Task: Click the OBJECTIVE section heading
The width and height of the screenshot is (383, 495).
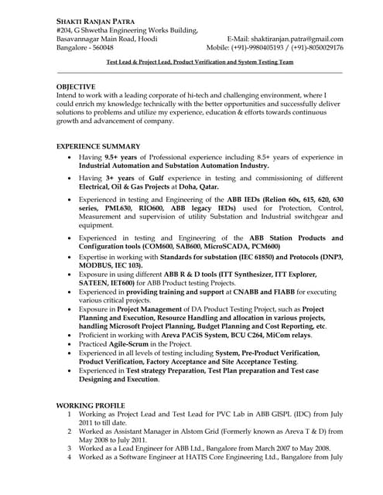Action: pos(77,87)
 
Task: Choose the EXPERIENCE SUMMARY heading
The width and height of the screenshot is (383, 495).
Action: pos(99,146)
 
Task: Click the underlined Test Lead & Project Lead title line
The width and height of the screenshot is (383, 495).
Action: pos(200,60)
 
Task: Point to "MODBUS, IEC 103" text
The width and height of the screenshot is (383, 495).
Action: pos(110,265)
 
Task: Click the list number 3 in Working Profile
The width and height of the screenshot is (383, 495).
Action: pos(69,448)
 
